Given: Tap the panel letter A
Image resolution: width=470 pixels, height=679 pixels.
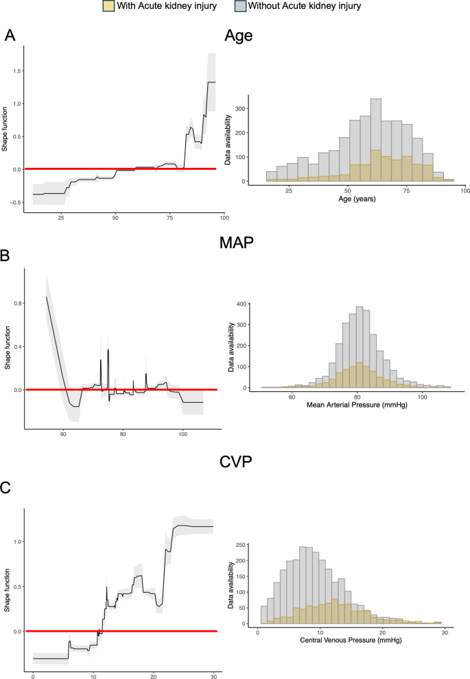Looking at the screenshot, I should [x=10, y=37].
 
